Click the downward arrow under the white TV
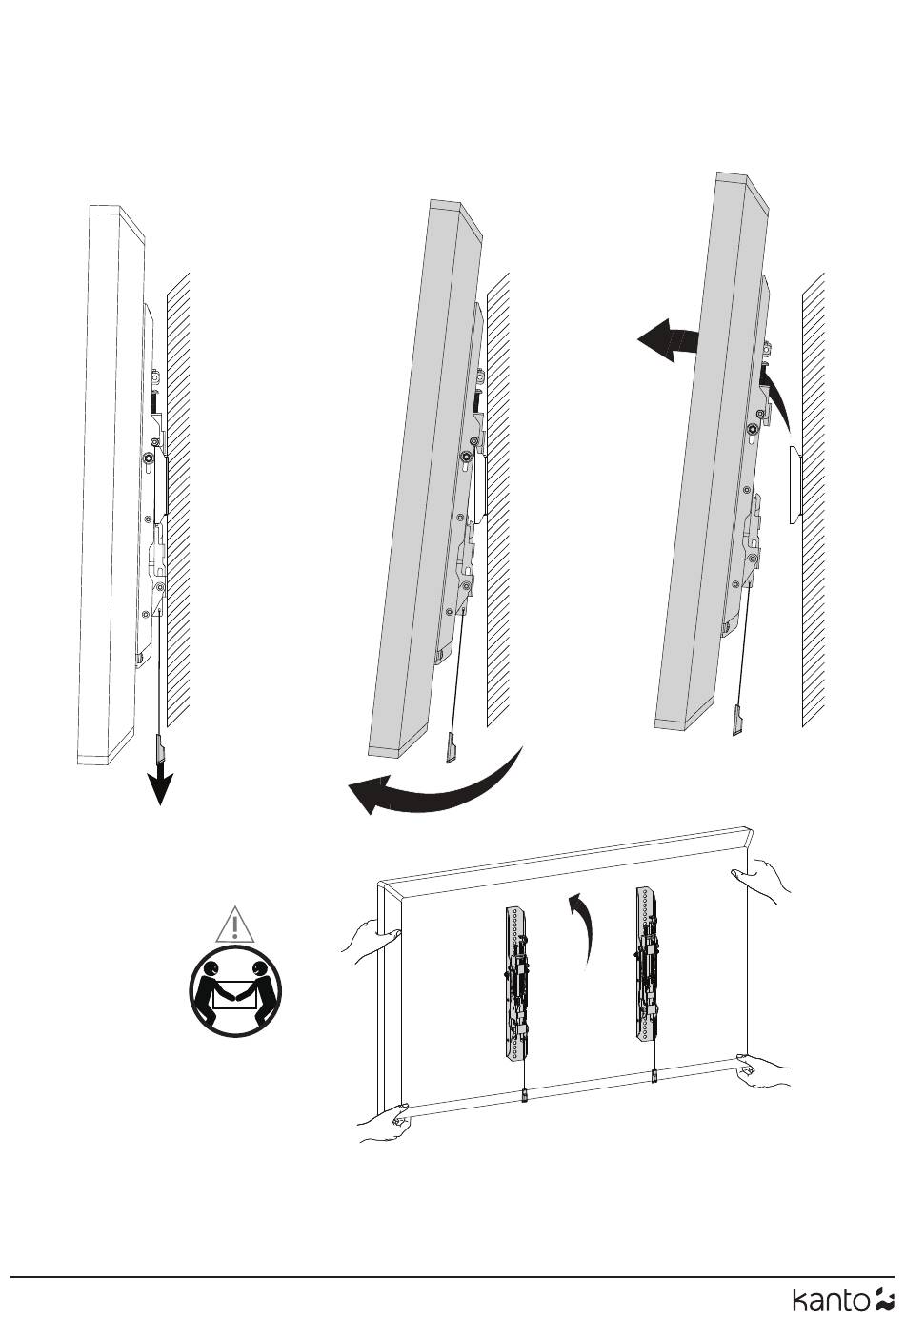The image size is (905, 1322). (160, 784)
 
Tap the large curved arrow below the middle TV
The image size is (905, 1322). (435, 785)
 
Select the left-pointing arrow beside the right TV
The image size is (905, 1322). (667, 340)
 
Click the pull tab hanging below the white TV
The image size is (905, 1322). (160, 748)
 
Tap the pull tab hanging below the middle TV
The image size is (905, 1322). (452, 748)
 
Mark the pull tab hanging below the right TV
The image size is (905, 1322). (737, 720)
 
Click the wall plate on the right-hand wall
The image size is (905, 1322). (795, 485)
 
